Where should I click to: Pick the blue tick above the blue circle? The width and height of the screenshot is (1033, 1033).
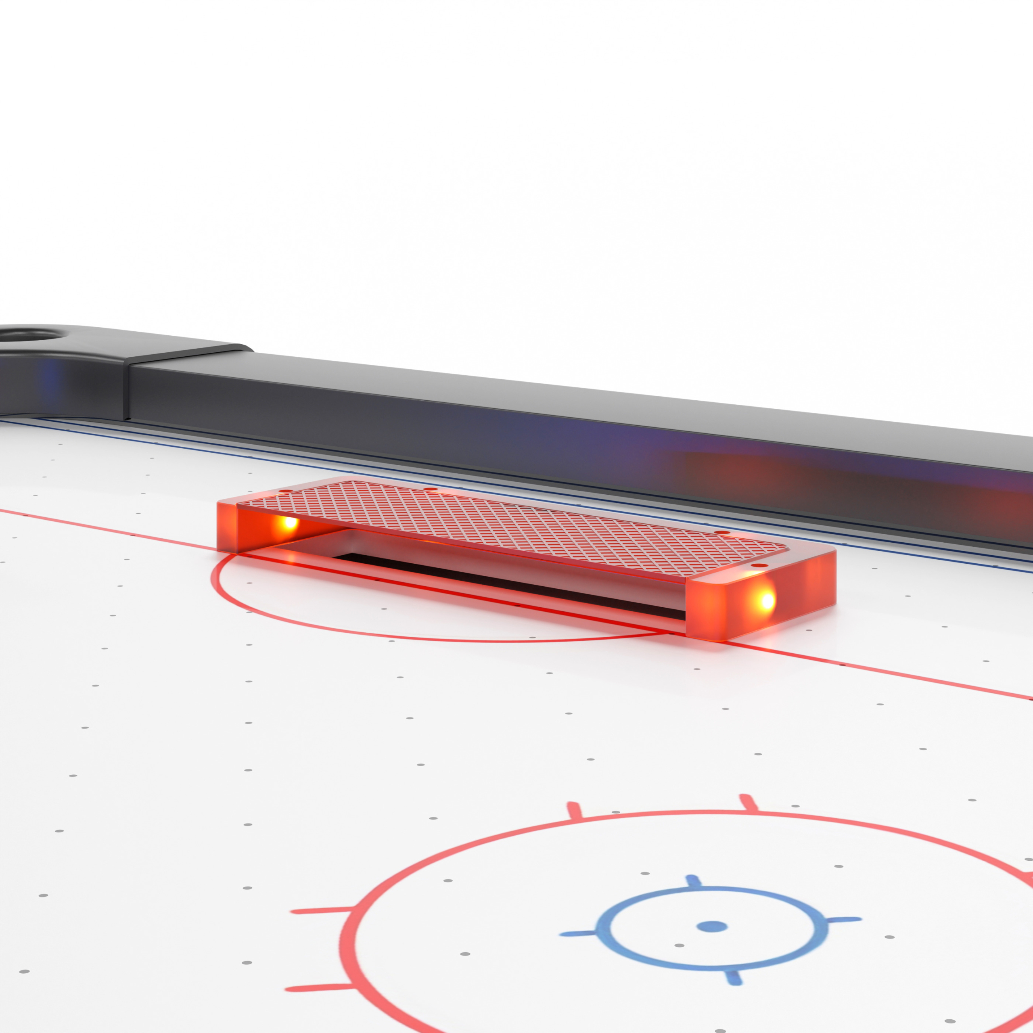[x=692, y=881]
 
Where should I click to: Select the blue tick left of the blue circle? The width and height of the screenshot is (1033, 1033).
[x=579, y=934]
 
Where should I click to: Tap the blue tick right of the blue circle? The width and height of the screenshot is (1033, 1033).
[x=844, y=920]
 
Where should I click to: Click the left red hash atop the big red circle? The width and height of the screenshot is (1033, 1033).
[x=574, y=811]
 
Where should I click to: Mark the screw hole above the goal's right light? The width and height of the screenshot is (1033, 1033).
[x=759, y=565]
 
